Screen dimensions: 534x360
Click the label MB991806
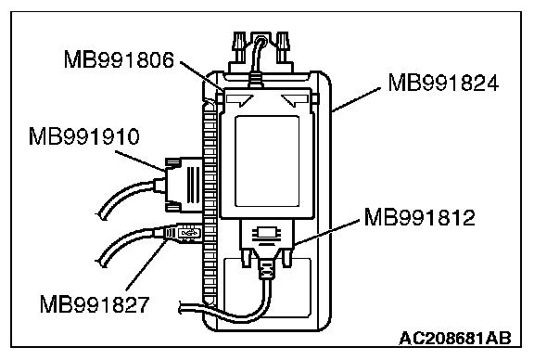119,59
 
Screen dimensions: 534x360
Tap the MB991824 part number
443,83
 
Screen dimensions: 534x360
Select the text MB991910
84,136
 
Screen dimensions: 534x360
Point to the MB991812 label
420,217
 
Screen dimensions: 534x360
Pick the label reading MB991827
95,304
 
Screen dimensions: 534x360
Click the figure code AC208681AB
455,338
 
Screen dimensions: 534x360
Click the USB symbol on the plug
189,233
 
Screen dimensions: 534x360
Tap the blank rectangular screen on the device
267,161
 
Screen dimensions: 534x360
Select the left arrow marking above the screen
239,99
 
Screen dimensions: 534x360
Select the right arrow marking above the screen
295,99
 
